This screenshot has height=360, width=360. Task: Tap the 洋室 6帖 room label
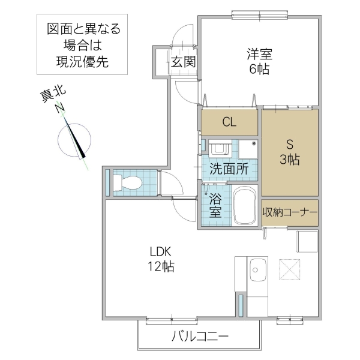click(x=259, y=61)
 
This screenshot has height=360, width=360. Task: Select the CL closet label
click(x=230, y=122)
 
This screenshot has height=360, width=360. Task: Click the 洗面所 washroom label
click(x=229, y=169)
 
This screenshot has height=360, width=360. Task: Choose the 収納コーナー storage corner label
click(x=289, y=212)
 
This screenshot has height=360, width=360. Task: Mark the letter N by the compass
click(x=59, y=109)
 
